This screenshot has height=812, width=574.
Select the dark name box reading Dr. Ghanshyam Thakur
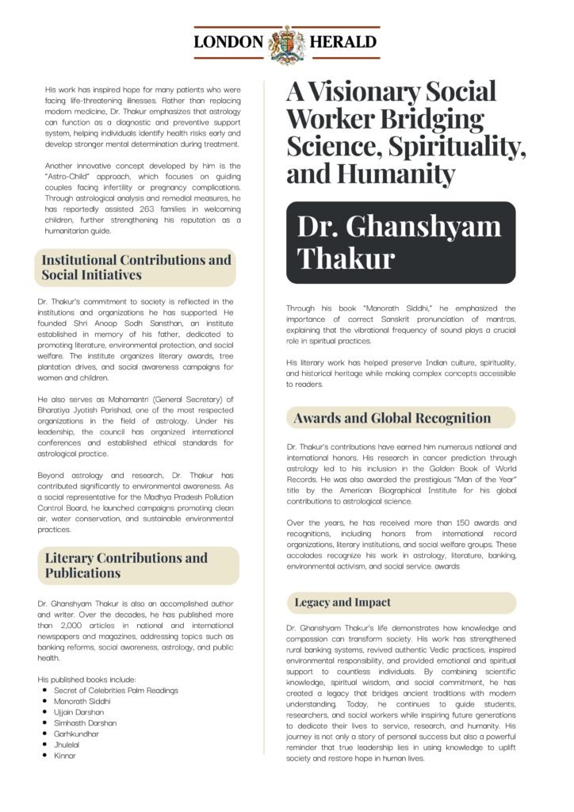[400, 242]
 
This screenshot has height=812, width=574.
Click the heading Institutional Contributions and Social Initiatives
[136, 267]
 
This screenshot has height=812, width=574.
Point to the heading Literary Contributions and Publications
[136, 565]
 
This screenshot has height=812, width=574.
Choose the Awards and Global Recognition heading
[392, 418]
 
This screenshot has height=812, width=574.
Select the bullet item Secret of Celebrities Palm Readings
[116, 690]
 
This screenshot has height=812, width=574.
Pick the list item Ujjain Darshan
[78, 712]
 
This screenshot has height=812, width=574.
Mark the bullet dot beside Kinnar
[44, 756]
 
